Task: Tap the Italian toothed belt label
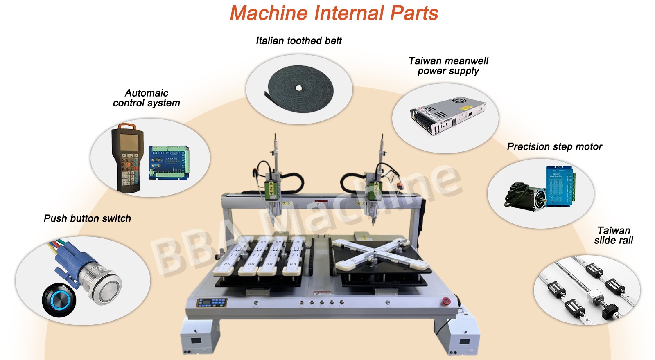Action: (x=299, y=40)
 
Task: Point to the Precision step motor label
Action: (x=554, y=146)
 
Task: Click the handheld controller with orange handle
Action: (x=127, y=157)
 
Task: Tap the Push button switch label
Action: (x=87, y=218)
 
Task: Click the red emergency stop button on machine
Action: (x=446, y=301)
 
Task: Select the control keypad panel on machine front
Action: (x=211, y=303)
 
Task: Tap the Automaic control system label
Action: (x=147, y=98)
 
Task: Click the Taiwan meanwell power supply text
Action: (x=448, y=66)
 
